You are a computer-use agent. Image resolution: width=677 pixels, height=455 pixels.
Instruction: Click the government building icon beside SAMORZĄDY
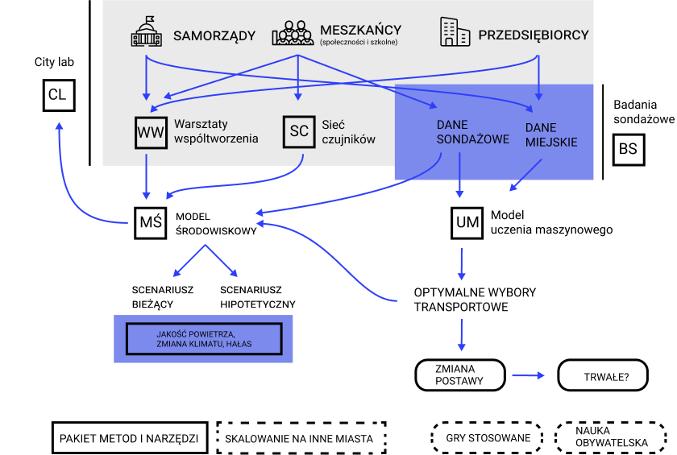146,33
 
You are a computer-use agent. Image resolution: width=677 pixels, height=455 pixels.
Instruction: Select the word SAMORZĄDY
214,35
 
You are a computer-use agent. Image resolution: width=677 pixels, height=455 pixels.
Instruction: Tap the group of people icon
292,33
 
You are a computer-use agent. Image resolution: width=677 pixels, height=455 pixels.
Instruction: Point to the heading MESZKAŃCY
360,31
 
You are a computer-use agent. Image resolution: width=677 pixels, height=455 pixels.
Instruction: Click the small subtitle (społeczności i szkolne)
359,43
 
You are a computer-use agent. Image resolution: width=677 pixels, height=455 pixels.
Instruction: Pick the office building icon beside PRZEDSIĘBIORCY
455,32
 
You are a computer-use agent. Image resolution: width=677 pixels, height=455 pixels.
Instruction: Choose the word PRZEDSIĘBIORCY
533,35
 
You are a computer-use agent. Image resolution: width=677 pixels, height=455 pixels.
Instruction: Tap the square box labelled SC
299,132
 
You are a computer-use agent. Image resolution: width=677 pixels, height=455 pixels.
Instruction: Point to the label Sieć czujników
348,131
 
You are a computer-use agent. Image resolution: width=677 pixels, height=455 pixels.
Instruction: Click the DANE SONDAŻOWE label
472,132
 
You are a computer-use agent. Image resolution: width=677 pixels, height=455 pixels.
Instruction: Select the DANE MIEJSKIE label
551,134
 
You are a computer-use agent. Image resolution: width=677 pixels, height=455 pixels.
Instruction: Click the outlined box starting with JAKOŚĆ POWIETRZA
203,339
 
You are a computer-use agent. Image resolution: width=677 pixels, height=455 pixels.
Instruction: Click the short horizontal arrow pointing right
528,375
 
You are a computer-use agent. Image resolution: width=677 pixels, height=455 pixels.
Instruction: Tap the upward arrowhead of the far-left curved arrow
59,126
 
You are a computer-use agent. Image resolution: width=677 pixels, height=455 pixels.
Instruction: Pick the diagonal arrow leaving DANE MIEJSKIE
525,176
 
